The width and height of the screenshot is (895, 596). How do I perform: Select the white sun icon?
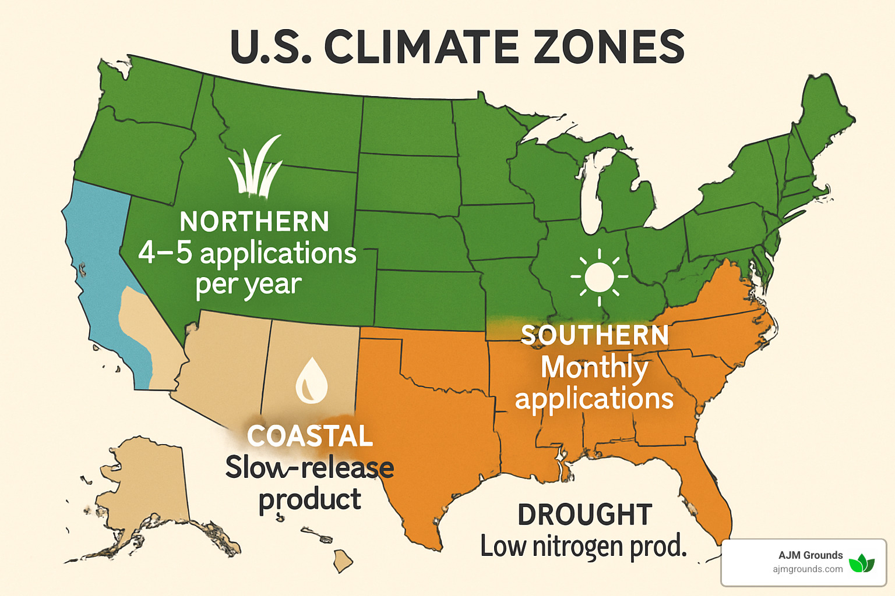600,277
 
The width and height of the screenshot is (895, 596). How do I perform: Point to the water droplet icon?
312,381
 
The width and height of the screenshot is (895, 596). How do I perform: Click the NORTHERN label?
255,222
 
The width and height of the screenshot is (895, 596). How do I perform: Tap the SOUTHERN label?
595,336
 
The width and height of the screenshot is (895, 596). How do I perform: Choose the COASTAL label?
310,437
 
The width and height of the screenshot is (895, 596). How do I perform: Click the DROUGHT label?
585,515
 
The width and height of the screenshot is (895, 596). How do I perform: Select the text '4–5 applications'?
247,254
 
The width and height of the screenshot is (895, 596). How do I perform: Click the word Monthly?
594,368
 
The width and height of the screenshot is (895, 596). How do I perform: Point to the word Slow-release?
309,468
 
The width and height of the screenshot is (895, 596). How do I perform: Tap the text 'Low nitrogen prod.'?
584,547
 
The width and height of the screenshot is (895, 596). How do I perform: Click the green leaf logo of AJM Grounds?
861,563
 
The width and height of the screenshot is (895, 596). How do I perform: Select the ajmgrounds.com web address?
808,569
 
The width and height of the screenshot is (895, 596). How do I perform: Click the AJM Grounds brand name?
811,555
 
